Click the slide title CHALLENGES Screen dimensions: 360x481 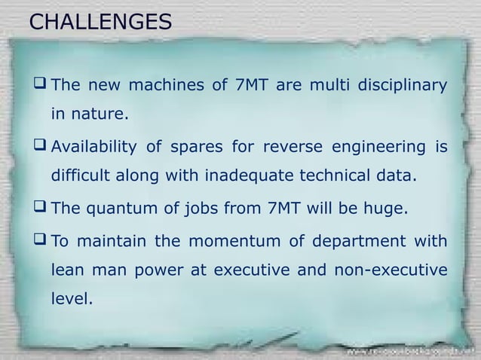100,22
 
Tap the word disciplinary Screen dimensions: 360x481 400,84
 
